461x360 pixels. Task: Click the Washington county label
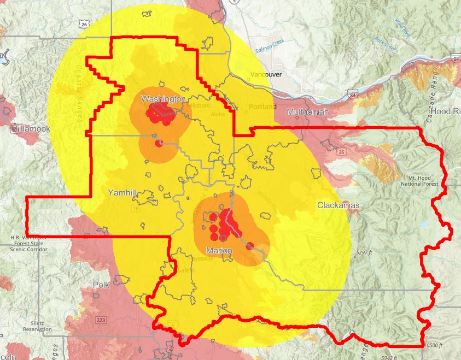(163, 99)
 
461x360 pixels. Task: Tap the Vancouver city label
(266, 74)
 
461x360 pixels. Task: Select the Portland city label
(262, 106)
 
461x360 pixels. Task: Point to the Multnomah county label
(308, 112)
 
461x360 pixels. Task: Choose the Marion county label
(219, 250)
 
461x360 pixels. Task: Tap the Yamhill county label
(121, 192)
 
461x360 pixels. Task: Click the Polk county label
(101, 285)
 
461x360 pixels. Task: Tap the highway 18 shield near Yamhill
(136, 208)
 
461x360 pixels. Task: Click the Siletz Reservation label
(38, 326)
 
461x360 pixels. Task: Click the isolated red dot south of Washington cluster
(159, 144)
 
